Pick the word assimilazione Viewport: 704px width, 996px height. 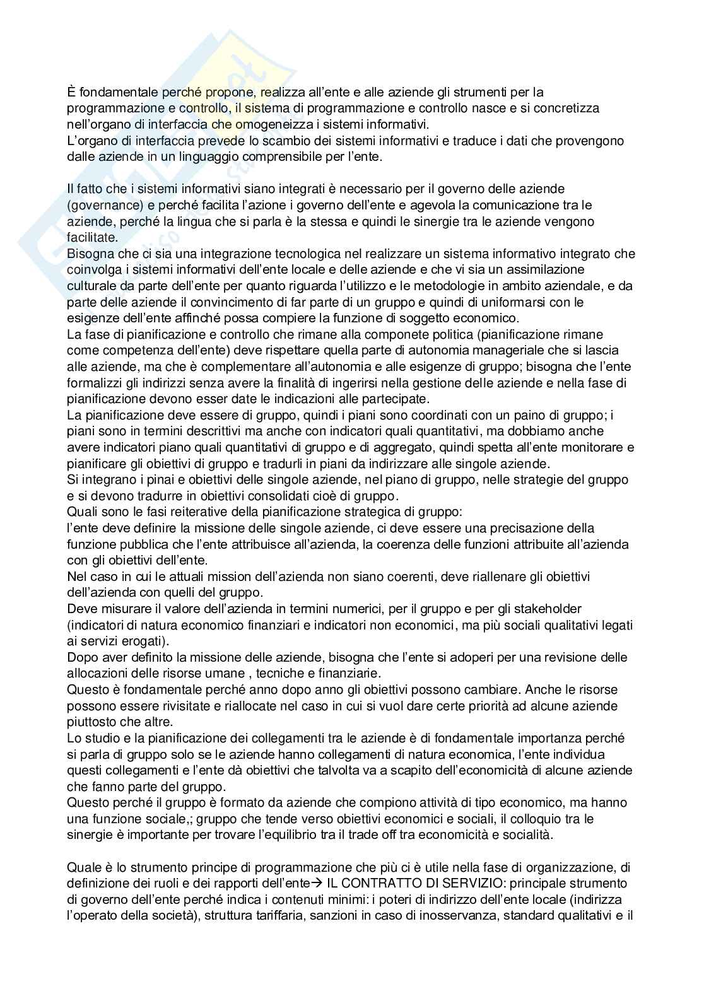coord(570,270)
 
